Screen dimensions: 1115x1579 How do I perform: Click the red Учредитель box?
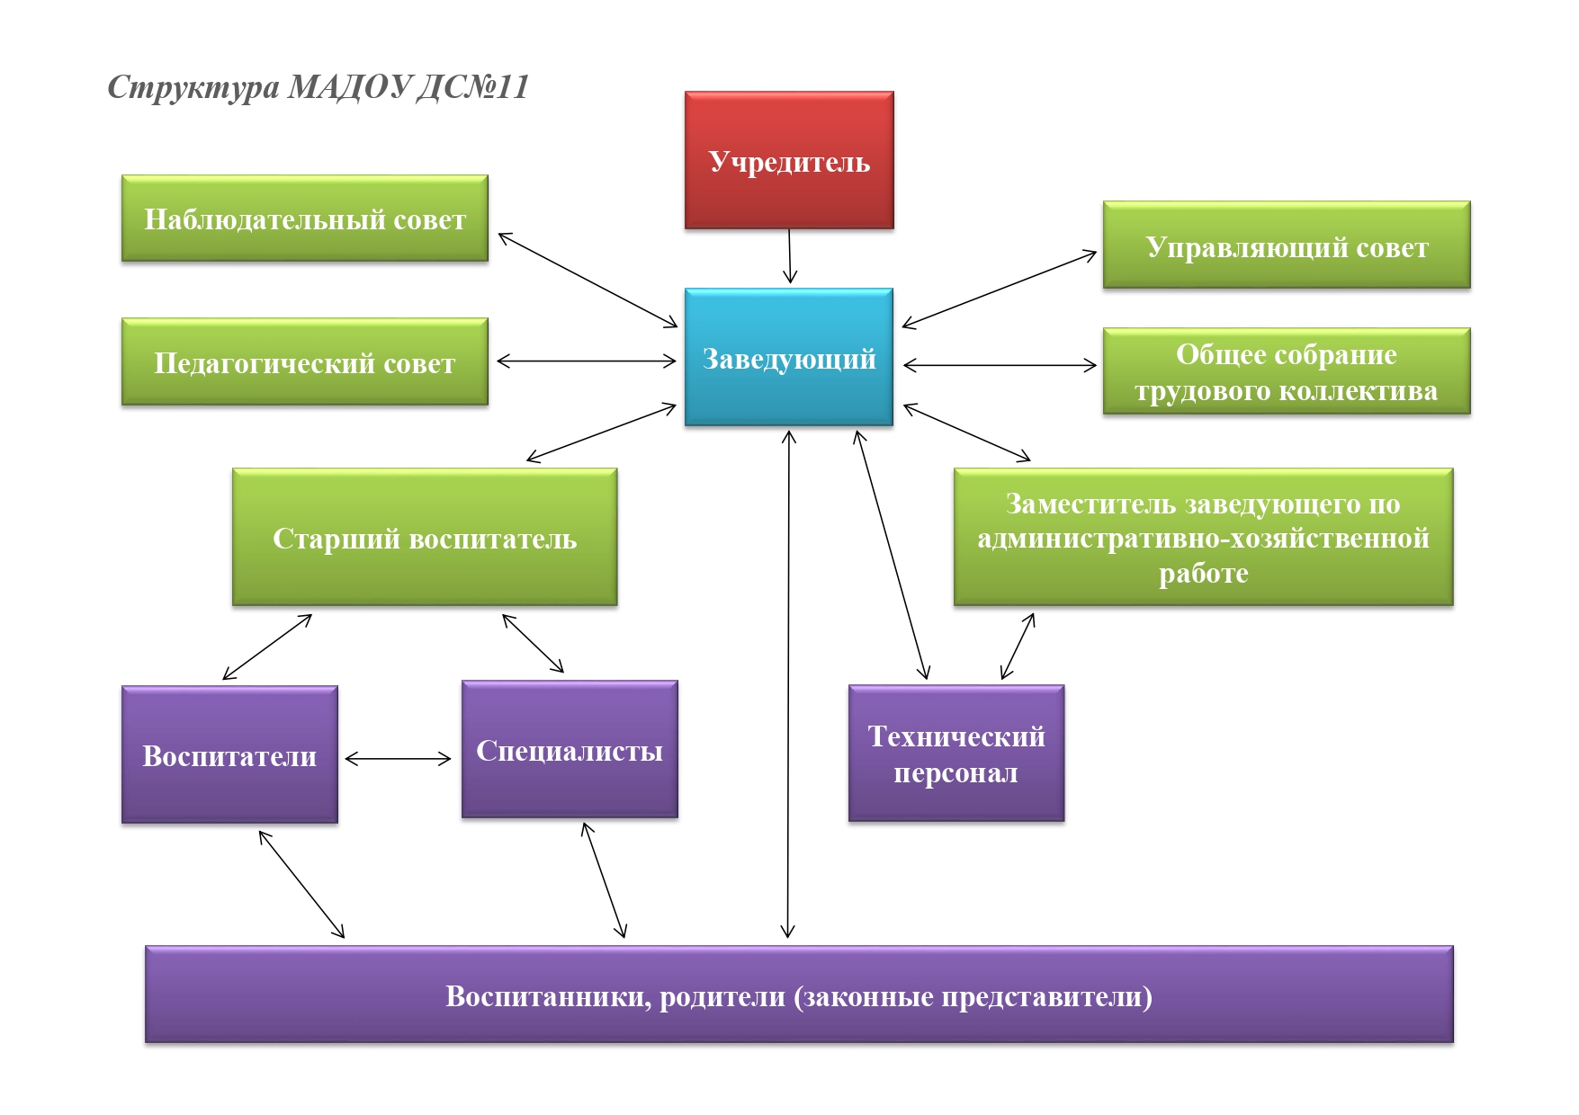coord(789,160)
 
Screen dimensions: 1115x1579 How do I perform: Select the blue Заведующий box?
coord(789,357)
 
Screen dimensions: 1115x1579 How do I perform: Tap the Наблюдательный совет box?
coord(305,219)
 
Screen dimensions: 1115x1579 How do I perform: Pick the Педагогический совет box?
coord(305,361)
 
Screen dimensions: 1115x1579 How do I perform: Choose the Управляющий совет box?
coord(1287,245)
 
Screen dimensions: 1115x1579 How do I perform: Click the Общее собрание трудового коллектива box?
coord(1287,371)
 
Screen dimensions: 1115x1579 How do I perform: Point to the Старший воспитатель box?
coord(425,537)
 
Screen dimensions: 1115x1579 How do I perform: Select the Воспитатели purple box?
coord(229,754)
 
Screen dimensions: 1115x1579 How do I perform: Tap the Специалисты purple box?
coord(570,749)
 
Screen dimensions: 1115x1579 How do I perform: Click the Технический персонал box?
coord(956,754)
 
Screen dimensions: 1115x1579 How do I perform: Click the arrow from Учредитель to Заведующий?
coord(790,256)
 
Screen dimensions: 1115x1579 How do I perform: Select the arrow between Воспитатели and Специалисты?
coord(398,759)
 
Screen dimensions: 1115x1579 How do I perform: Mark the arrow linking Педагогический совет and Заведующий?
coord(586,361)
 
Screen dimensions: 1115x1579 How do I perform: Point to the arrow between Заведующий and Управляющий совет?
coord(1000,290)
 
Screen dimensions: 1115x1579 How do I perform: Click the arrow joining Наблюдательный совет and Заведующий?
coord(588,280)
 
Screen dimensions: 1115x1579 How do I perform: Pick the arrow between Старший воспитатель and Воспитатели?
coord(267,647)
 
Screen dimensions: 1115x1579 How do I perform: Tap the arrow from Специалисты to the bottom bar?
coord(604,880)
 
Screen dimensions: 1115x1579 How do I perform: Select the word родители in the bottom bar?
coord(722,996)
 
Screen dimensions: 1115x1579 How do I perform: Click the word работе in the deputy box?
coord(1203,573)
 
